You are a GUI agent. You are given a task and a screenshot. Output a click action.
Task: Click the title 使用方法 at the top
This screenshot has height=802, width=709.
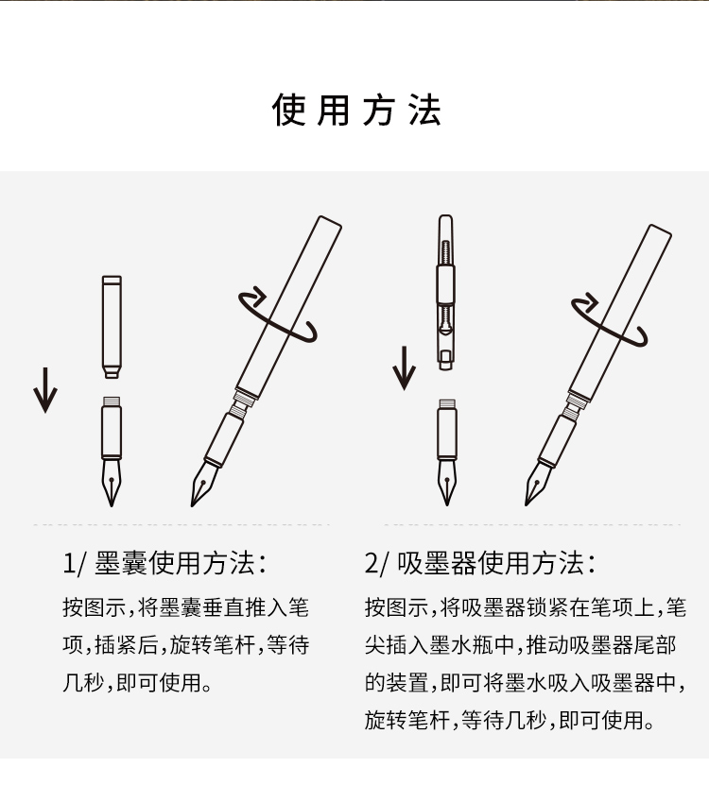[356, 110]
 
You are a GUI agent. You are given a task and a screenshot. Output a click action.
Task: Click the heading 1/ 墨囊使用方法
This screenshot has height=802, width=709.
[164, 563]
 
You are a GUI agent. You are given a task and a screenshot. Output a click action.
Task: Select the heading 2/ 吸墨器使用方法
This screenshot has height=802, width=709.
[480, 563]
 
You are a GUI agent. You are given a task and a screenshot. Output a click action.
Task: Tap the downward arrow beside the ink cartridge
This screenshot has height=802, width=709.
[45, 390]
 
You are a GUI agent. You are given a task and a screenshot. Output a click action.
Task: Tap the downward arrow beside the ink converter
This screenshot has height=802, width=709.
[404, 367]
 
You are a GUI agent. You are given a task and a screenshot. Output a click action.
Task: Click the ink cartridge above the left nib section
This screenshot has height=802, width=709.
[112, 327]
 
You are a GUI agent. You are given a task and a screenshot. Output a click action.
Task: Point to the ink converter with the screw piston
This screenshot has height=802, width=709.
[446, 292]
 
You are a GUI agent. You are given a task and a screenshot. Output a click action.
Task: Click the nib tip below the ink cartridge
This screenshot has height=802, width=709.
[112, 506]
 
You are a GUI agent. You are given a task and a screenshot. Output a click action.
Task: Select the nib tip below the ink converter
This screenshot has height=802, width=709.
[447, 504]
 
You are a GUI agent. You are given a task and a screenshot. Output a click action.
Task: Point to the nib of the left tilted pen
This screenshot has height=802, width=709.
[204, 483]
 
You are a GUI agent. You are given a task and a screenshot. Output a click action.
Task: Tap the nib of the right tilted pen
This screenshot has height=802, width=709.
[538, 483]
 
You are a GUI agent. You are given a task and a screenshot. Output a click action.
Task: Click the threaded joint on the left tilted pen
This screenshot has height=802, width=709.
[241, 402]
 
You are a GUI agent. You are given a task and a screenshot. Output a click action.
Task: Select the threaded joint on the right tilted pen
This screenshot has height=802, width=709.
[573, 405]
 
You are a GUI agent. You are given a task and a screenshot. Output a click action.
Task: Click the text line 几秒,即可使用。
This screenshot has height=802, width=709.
[137, 683]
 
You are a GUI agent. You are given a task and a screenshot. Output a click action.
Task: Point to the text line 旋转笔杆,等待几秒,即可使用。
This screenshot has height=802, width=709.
[510, 720]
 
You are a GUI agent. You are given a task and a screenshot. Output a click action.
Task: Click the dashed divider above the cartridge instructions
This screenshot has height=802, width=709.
[182, 524]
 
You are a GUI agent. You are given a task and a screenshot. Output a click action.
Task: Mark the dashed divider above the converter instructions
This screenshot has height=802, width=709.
[532, 524]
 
